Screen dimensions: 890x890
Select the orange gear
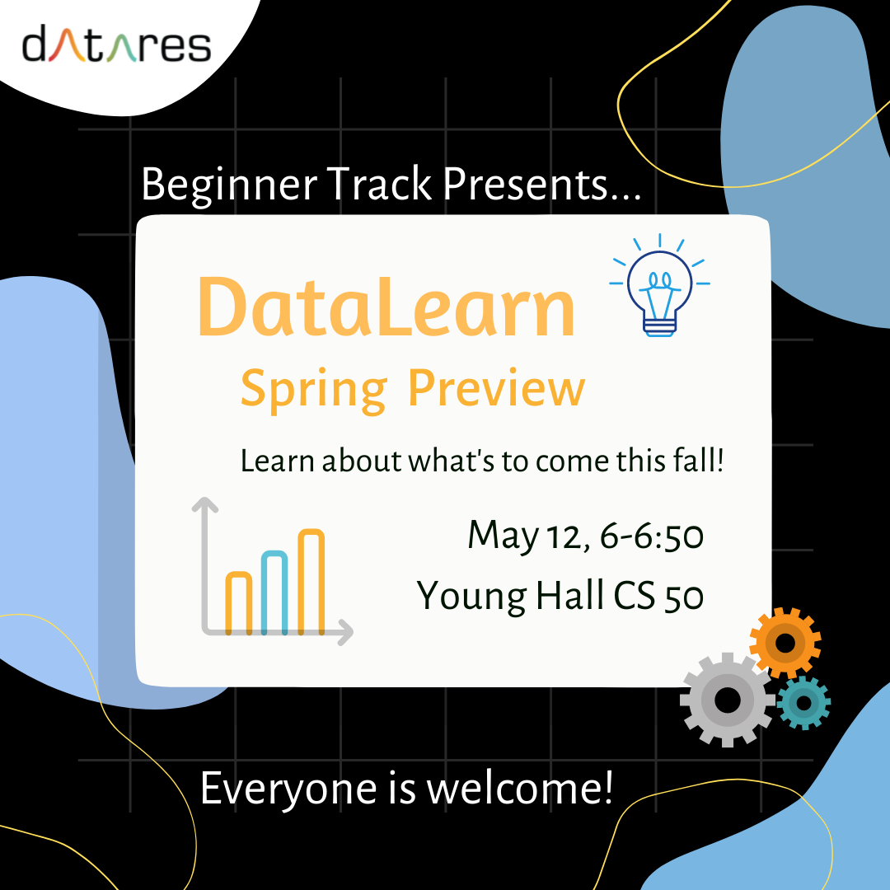(785, 643)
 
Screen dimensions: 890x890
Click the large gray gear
(727, 700)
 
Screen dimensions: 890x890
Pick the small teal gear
(803, 702)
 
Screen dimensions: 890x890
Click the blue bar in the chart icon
(274, 593)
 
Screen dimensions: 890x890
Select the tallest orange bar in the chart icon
(311, 582)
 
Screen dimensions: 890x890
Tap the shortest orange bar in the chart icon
(238, 602)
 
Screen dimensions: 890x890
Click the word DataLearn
(386, 309)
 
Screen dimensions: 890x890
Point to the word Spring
(313, 389)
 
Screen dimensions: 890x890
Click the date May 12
(527, 536)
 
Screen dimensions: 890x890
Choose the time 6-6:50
(652, 536)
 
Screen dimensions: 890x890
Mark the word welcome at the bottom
(519, 789)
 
